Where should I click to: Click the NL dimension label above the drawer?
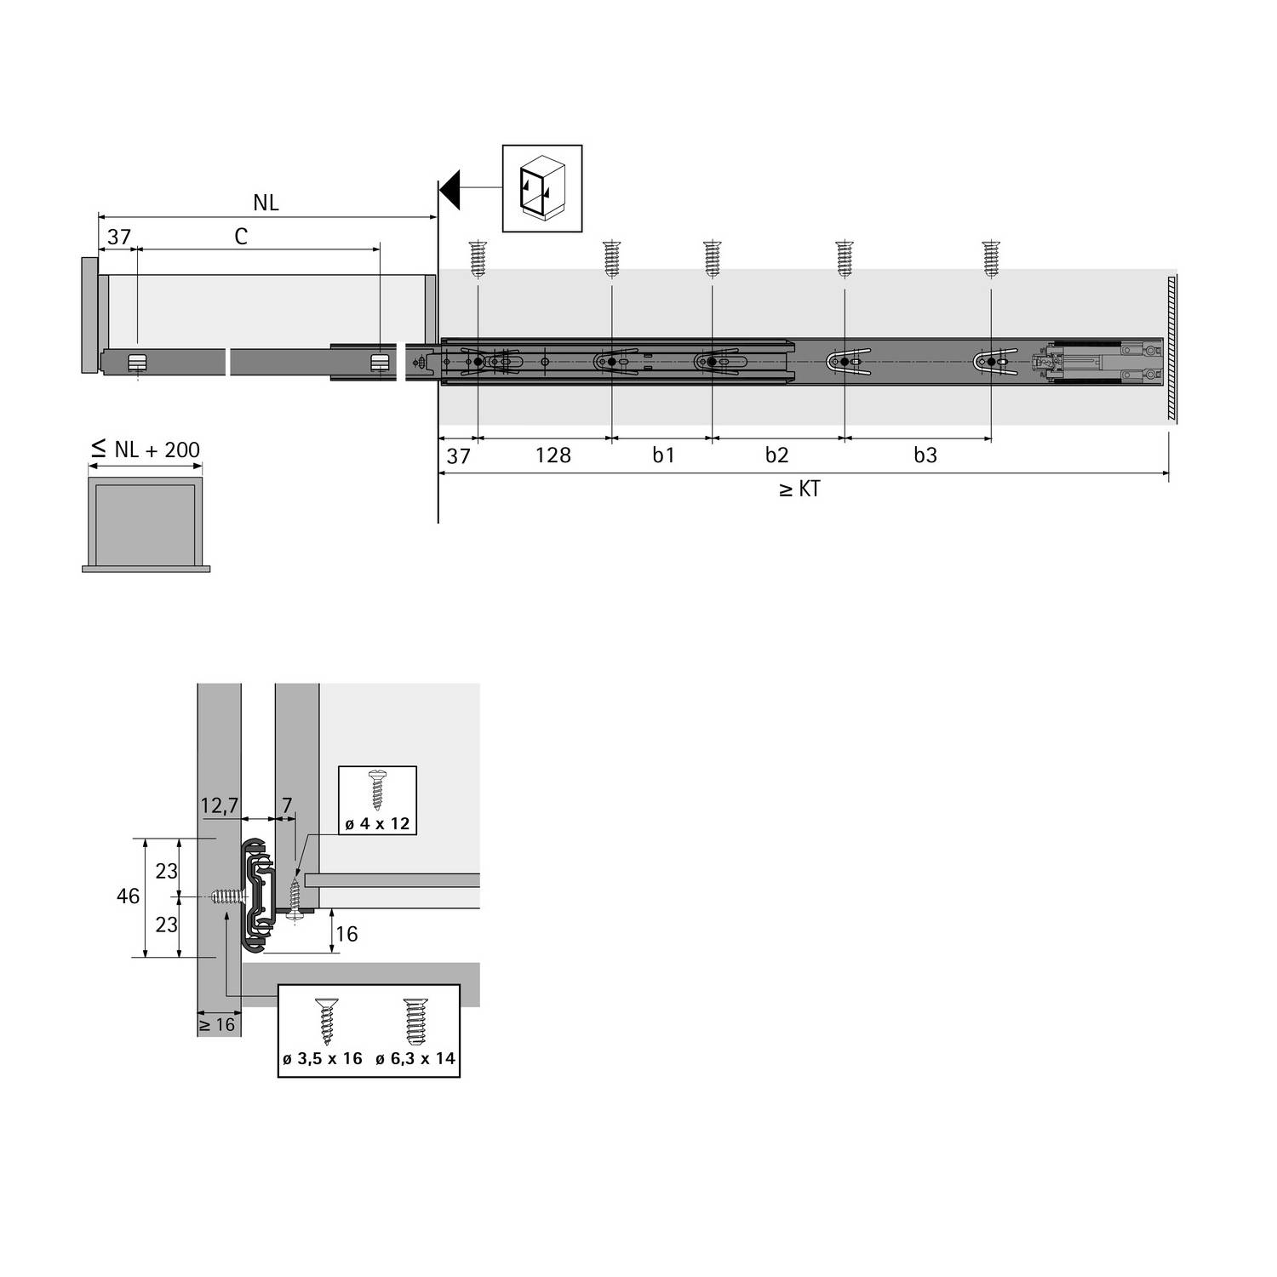(266, 203)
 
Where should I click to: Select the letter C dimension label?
(241, 237)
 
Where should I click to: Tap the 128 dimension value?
(553, 455)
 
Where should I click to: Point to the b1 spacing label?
(663, 455)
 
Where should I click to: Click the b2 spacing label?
(776, 455)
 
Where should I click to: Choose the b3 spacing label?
(925, 455)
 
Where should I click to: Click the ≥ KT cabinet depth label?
(799, 490)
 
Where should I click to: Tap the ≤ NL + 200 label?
(146, 449)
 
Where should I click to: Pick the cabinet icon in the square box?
(542, 188)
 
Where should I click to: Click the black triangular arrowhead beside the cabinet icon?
(450, 188)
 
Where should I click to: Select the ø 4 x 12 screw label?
(378, 823)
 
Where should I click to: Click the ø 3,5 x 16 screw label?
(322, 1059)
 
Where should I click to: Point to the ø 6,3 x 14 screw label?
(415, 1059)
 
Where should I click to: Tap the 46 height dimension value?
(128, 896)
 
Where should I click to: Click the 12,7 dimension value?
(219, 805)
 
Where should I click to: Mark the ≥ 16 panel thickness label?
(217, 1024)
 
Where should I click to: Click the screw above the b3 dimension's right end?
(991, 259)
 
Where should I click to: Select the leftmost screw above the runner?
(478, 259)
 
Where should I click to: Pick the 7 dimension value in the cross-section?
(287, 805)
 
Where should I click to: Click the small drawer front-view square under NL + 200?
(146, 524)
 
